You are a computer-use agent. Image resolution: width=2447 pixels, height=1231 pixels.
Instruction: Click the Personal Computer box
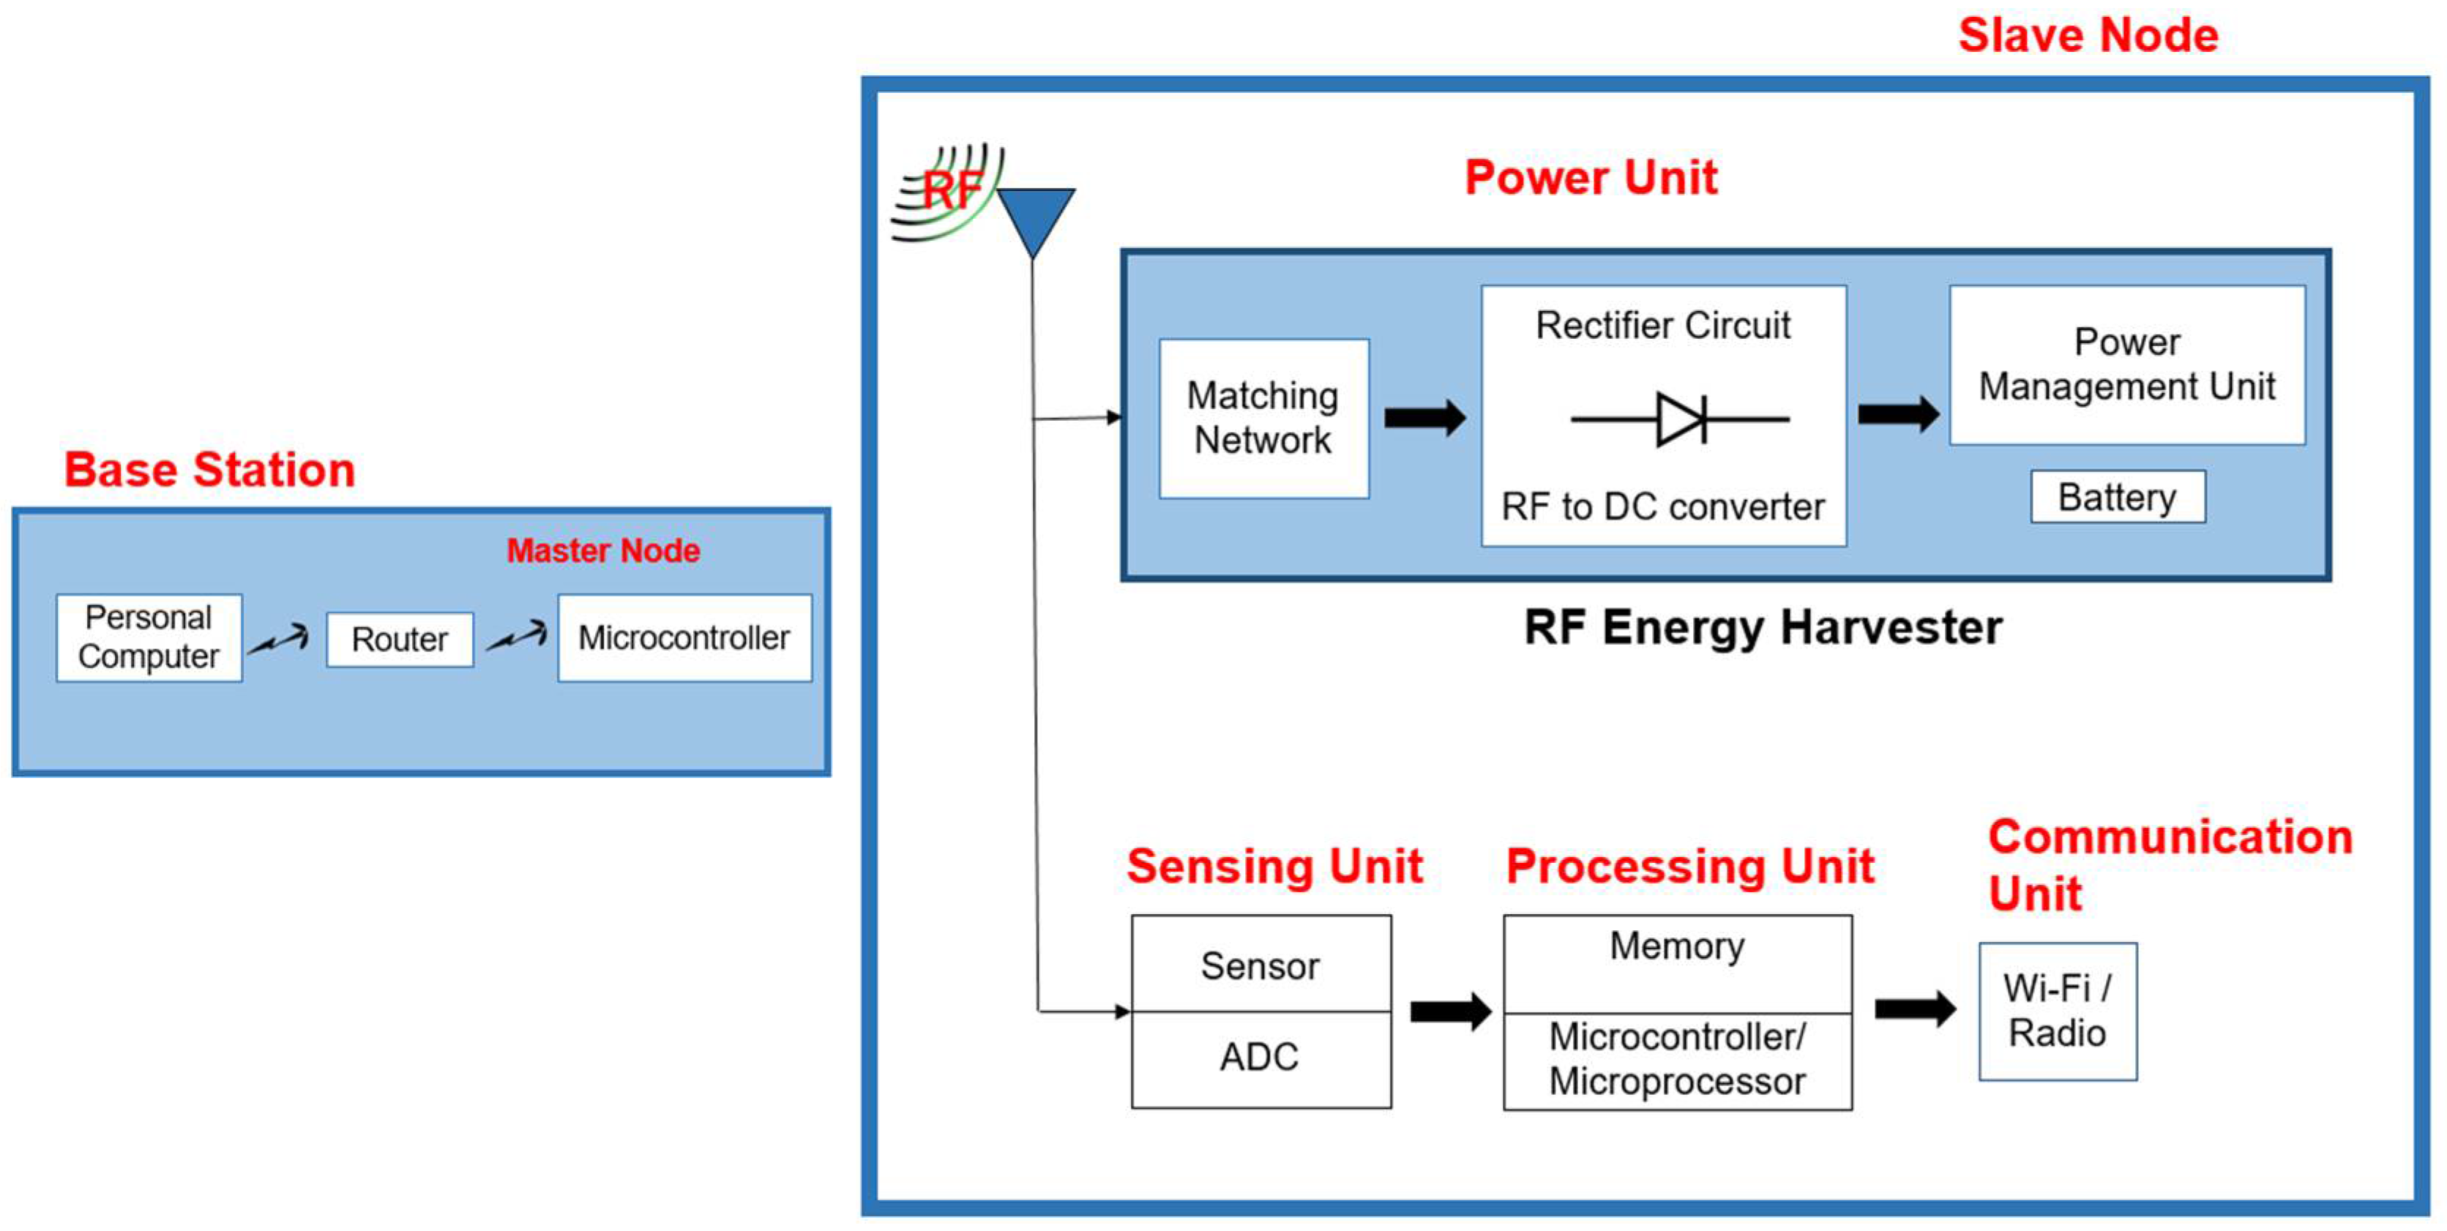point(149,637)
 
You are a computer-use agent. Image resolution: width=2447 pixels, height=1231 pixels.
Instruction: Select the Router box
point(399,639)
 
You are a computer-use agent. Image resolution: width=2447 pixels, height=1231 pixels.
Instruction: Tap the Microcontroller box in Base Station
point(684,637)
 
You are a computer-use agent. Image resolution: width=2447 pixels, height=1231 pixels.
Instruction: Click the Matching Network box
point(1263,418)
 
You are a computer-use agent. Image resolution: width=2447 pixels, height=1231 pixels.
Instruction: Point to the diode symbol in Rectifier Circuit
point(1681,418)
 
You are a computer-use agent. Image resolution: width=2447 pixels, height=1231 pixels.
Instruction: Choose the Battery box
point(2118,497)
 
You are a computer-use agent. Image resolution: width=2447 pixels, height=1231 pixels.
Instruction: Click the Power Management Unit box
point(2127,364)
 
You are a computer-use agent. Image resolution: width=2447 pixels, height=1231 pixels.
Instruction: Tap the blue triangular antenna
point(1034,214)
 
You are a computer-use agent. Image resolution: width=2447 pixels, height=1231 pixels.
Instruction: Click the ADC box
point(1260,1057)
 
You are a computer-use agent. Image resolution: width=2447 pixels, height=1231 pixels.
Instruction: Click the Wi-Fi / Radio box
point(2058,1011)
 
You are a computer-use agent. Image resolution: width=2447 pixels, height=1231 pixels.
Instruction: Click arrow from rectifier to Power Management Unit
point(1898,414)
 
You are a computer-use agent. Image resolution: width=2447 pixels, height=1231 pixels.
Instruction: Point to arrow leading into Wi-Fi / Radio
point(1915,1009)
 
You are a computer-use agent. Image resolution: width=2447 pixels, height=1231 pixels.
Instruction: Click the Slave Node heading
point(2088,36)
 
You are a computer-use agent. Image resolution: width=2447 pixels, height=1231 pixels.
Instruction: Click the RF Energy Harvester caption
point(1763,627)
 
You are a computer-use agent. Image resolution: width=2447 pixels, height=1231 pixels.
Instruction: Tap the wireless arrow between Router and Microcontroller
point(518,637)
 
